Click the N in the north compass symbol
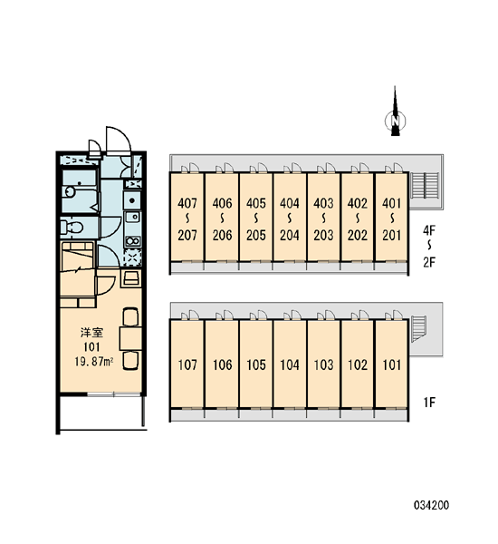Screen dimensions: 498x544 395,121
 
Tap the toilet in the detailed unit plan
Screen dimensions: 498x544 72,228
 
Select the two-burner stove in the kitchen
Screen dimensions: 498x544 132,240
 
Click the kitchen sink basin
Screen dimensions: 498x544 132,218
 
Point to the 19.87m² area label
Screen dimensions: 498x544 93,362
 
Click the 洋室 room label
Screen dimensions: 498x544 91,333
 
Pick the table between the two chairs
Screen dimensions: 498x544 130,338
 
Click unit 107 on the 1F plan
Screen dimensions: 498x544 187,364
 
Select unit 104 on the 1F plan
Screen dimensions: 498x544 290,364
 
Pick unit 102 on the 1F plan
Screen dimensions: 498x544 358,364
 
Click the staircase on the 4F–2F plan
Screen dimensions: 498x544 425,186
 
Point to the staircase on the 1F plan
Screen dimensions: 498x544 418,328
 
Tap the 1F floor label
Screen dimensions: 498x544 429,403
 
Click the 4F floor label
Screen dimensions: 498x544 429,230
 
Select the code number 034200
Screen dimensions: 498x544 431,505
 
